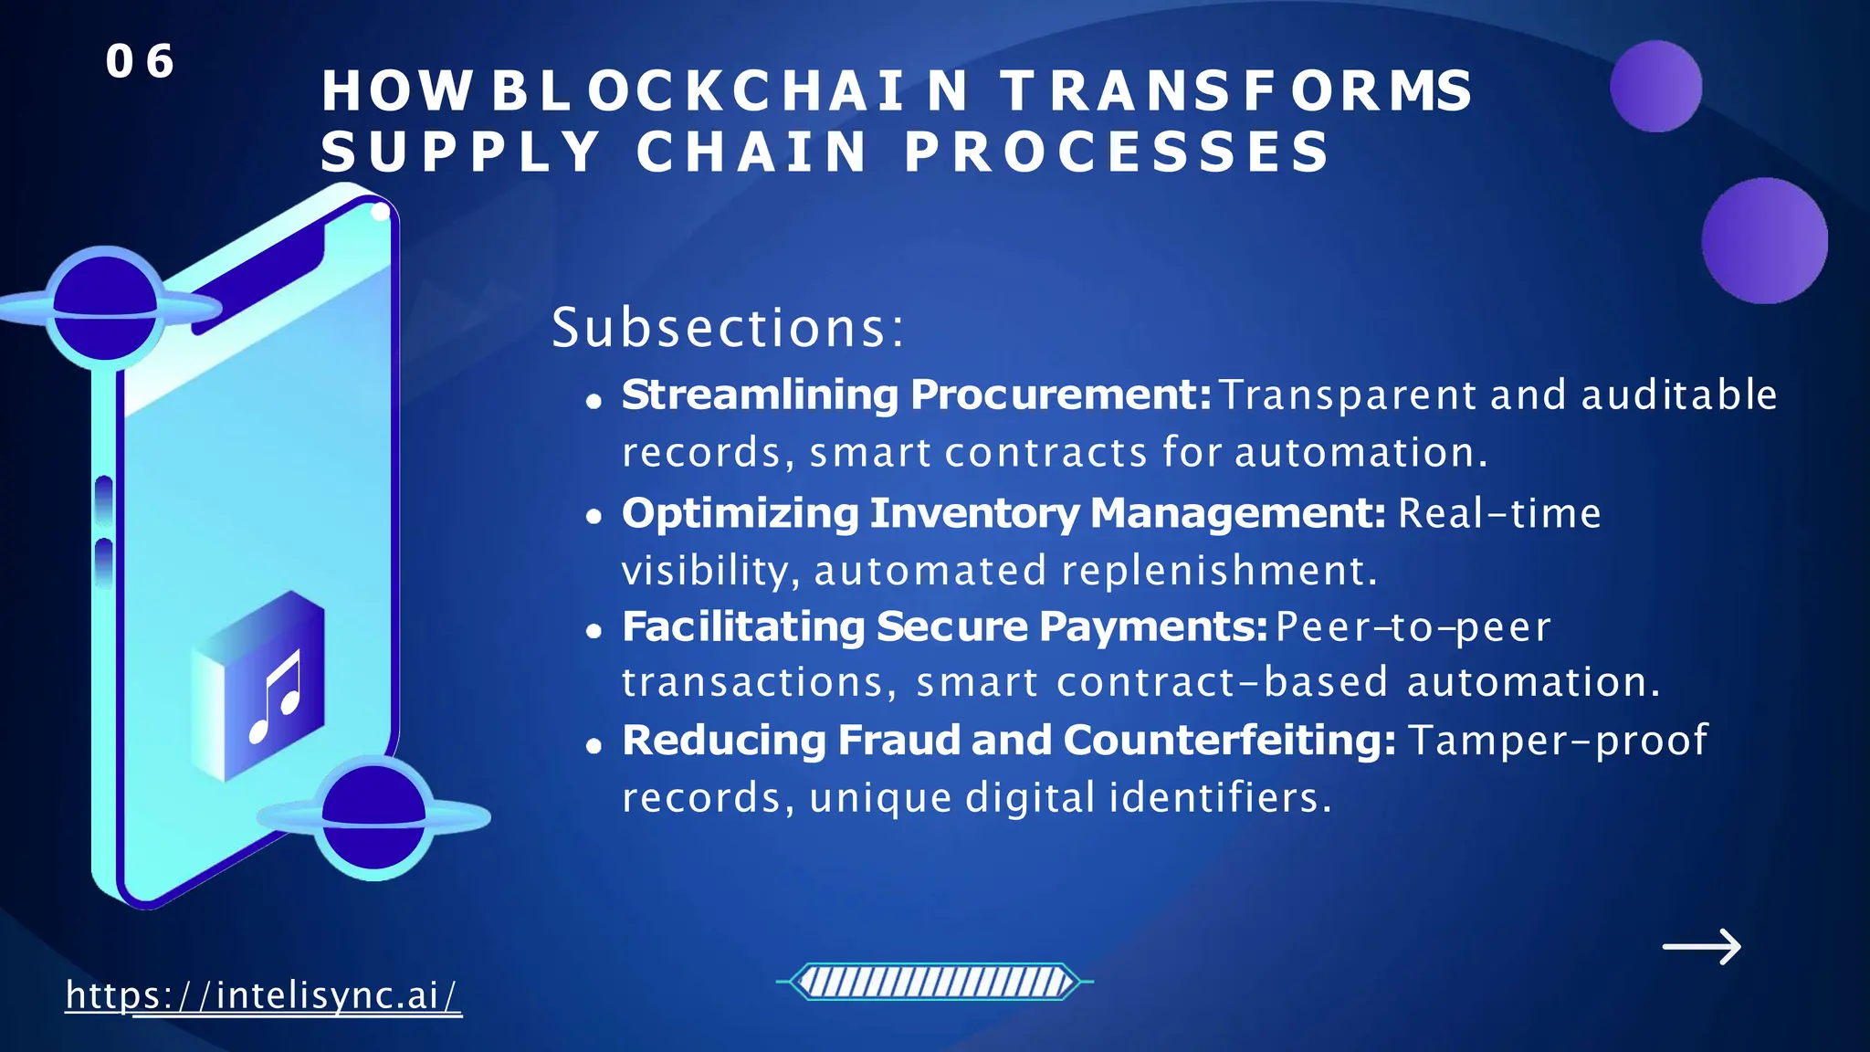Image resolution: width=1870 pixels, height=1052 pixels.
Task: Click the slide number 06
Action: click(x=140, y=62)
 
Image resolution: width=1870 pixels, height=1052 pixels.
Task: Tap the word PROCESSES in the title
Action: click(x=1118, y=152)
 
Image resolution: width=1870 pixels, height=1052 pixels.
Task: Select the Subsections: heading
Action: click(x=728, y=328)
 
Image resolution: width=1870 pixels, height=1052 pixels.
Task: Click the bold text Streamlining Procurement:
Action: click(x=916, y=395)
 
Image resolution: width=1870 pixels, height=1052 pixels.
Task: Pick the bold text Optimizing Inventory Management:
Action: click(x=1003, y=513)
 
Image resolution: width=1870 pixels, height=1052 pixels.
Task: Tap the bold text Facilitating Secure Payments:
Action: click(x=944, y=627)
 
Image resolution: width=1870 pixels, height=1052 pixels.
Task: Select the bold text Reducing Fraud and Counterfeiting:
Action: click(x=1008, y=741)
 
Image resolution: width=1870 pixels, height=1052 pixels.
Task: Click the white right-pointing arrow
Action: click(x=1702, y=947)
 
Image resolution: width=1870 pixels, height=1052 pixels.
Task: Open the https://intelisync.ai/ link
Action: click(x=263, y=995)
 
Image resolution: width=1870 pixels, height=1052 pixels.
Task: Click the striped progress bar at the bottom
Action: click(x=934, y=983)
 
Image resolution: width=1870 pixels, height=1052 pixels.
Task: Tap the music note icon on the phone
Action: click(x=275, y=697)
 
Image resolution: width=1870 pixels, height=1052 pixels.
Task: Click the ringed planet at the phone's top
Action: click(x=105, y=308)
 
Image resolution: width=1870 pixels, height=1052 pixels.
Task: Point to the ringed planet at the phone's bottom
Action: click(x=373, y=817)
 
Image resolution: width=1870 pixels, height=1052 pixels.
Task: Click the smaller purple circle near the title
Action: click(x=1655, y=87)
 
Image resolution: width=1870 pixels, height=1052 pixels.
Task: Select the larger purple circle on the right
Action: click(x=1764, y=240)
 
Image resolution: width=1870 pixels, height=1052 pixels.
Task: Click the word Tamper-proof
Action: click(x=1558, y=741)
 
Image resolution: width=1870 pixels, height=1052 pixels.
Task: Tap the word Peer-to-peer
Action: click(x=1413, y=627)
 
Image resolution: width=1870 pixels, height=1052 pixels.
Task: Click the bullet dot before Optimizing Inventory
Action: click(x=594, y=517)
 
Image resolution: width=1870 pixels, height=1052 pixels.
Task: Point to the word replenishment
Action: click(x=1218, y=572)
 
